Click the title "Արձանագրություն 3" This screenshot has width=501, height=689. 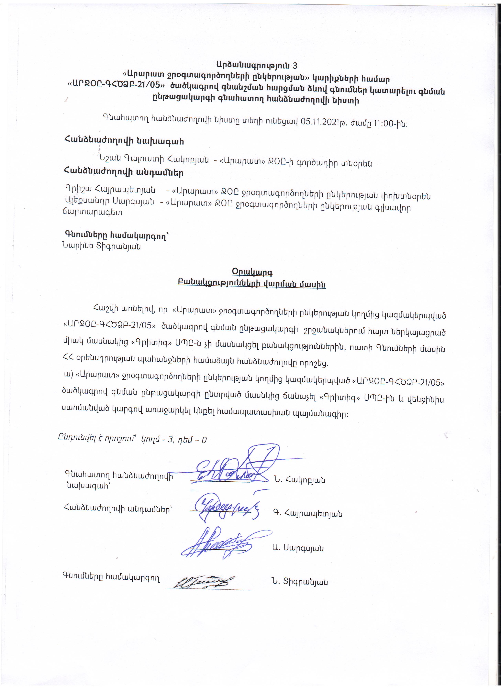pos(257,65)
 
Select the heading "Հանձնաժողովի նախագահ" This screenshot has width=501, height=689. pos(124,141)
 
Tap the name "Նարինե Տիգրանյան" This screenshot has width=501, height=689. pos(101,246)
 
